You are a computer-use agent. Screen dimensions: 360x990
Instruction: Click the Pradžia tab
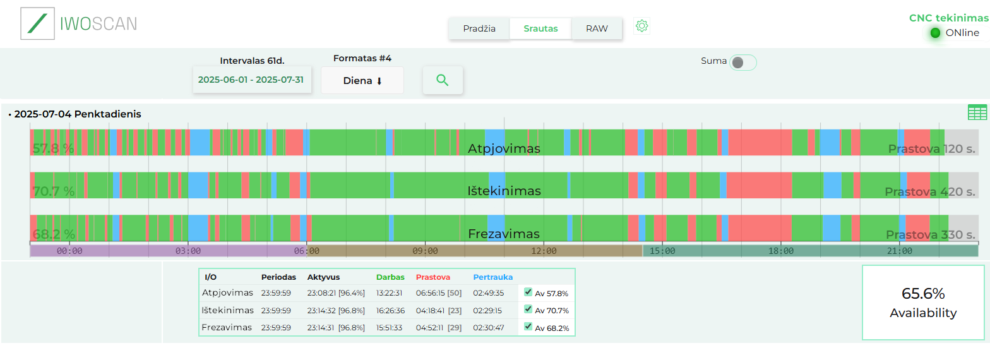click(479, 28)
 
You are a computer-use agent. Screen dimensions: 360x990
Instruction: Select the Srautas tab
click(540, 28)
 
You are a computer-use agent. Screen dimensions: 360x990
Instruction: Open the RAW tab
click(597, 28)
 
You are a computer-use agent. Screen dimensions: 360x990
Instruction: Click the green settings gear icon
click(642, 26)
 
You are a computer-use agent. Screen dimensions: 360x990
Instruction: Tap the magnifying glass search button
click(443, 80)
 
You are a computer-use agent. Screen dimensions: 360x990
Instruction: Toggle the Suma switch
click(742, 63)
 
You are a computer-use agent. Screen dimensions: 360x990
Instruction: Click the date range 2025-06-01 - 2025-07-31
click(251, 80)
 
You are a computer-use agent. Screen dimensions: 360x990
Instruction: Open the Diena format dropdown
click(362, 81)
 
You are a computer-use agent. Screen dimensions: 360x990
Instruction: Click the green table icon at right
click(977, 112)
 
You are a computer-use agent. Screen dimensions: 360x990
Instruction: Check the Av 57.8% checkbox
click(528, 292)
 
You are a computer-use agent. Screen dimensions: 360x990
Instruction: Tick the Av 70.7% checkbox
click(528, 309)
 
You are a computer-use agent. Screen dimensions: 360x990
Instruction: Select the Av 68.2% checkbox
click(528, 327)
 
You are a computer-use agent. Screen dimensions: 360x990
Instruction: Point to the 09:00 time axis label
click(425, 251)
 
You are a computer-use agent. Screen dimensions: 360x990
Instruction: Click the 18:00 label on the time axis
click(781, 251)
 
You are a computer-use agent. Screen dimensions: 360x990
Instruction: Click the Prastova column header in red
click(432, 277)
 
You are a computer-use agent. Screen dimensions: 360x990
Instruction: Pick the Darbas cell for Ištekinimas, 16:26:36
click(390, 311)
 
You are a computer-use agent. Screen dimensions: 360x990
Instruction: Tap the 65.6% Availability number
click(922, 294)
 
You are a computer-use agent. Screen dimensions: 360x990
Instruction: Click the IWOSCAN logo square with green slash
click(38, 24)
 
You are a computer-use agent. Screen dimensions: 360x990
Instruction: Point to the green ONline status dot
click(935, 33)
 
